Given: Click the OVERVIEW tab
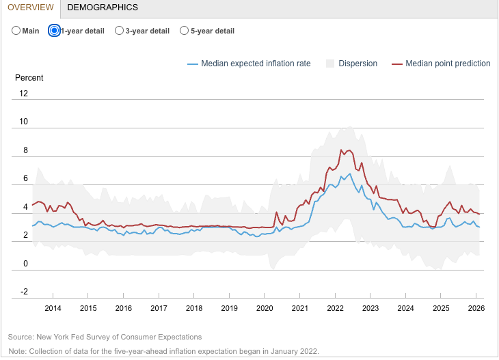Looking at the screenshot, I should click(30, 8).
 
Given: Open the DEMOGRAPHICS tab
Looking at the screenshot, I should click(103, 8).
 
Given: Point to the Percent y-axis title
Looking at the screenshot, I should click(29, 78).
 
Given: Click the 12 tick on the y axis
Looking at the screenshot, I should click(24, 94).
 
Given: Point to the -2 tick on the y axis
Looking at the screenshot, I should click(24, 292).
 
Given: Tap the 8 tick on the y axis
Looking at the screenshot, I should click(25, 150).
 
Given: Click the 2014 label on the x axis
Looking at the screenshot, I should click(53, 308).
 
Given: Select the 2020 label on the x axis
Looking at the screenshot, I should click(265, 308).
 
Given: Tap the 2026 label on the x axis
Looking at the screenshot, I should click(476, 308).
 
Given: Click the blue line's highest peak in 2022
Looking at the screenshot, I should click(350, 174).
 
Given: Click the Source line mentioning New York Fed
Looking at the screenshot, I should click(105, 337).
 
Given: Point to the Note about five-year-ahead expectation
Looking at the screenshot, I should click(163, 350).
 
